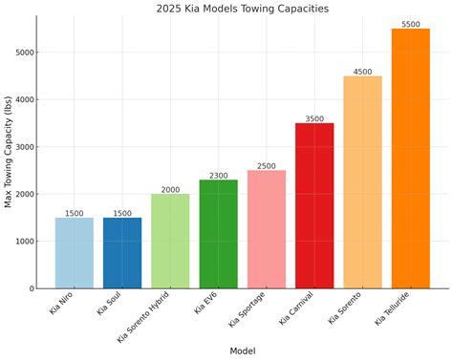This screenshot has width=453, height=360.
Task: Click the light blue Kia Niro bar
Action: [x=75, y=253]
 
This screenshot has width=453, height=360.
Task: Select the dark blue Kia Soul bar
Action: [x=122, y=253]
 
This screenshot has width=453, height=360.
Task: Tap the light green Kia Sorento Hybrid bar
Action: [x=170, y=242]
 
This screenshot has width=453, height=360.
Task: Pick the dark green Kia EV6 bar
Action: [x=218, y=234]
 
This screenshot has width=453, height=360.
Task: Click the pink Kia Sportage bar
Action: [x=267, y=229]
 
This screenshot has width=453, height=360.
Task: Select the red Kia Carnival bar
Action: [x=314, y=205]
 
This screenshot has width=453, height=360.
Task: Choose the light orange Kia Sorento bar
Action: [x=362, y=181]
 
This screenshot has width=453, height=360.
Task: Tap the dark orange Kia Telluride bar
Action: [x=410, y=159]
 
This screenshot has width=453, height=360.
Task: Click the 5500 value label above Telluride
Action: [x=410, y=23]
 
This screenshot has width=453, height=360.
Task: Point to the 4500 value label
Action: [x=362, y=71]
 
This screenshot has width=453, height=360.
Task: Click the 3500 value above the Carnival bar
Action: [x=314, y=118]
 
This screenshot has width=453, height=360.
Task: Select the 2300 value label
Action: [x=218, y=175]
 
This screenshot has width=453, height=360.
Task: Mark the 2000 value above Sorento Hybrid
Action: [x=170, y=189]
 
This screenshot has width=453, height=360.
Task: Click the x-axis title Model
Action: [x=242, y=350]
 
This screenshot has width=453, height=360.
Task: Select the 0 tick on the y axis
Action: [x=31, y=288]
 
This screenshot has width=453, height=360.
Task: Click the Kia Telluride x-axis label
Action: [x=395, y=311]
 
